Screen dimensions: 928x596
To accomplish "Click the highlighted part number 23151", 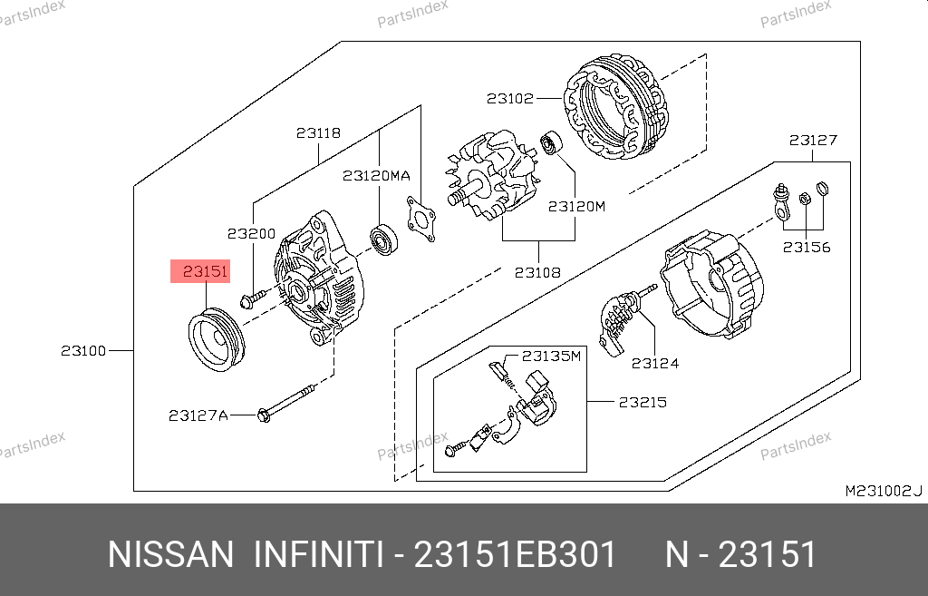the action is (205, 271).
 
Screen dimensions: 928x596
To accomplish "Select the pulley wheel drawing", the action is (217, 340).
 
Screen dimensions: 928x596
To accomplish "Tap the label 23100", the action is (83, 351).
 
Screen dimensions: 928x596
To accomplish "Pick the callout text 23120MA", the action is (376, 175).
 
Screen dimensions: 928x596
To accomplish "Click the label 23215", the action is (643, 402).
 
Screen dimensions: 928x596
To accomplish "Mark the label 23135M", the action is (551, 357).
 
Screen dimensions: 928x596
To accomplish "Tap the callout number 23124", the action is (655, 363).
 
